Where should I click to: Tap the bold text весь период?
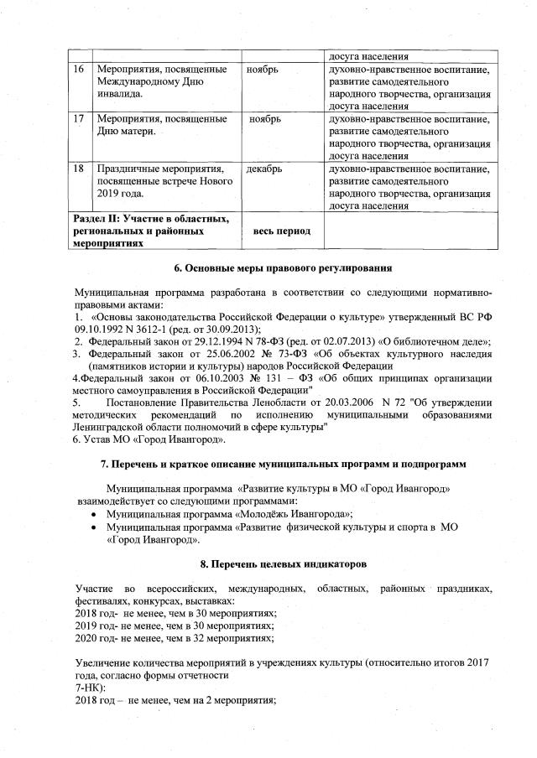coord(282,231)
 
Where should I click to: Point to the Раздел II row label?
coord(152,231)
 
